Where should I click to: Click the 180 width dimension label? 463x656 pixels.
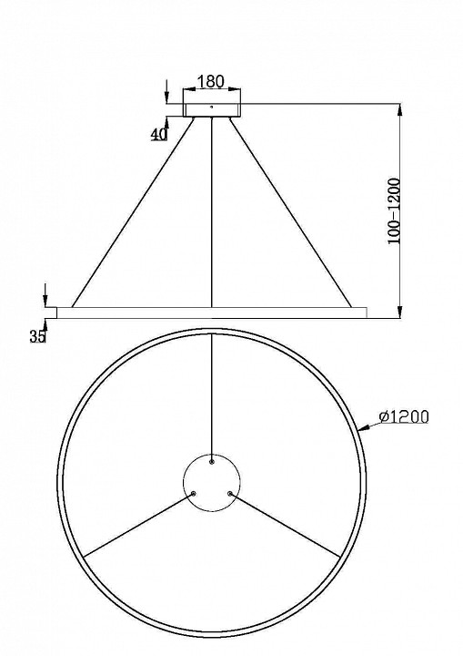211,81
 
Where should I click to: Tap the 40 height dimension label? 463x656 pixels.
159,134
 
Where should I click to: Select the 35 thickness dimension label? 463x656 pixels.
37,336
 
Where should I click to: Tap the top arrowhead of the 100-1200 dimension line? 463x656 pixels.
402,108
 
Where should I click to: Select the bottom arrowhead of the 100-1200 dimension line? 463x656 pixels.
402,313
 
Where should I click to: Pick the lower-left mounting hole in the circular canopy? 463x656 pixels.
194,493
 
